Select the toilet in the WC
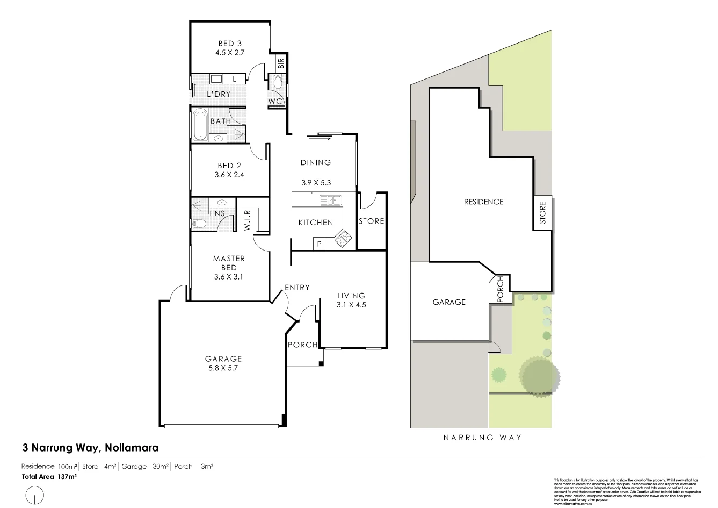tap(278, 83)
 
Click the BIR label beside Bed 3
tap(280, 63)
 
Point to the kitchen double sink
tap(331, 201)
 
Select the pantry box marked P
tap(319, 244)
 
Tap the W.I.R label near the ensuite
tap(248, 220)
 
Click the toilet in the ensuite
tap(198, 224)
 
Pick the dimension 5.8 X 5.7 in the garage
tap(223, 369)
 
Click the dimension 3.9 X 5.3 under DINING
tap(316, 182)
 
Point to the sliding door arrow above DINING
tap(320, 137)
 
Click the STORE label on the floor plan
tap(371, 221)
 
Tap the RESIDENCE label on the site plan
tap(483, 202)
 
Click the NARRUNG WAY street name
tap(482, 437)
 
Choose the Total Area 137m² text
tap(49, 476)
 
